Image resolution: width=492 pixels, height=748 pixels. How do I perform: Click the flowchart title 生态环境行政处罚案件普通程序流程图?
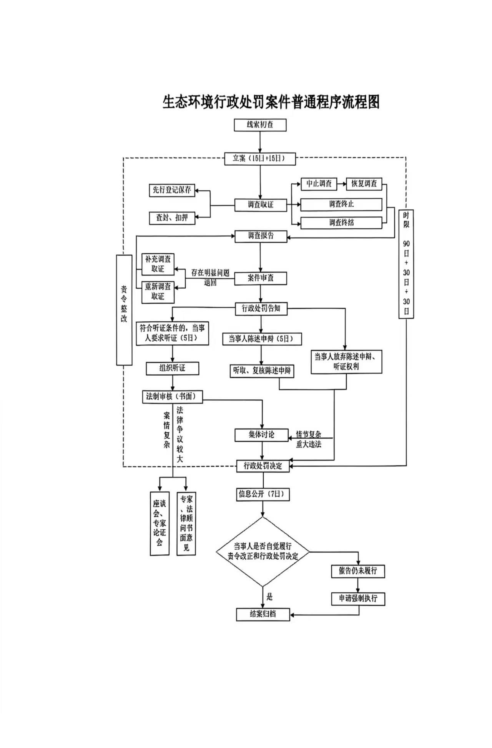271,103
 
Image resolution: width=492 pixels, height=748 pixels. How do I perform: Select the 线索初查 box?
260,125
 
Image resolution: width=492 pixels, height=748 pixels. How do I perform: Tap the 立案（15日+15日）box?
260,159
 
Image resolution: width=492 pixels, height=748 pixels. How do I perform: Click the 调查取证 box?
261,205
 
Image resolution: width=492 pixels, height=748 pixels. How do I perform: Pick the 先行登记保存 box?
172,190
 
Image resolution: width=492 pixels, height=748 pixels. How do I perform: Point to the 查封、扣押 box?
172,218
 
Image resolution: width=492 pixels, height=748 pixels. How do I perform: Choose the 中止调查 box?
319,184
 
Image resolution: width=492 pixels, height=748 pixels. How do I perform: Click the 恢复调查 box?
364,184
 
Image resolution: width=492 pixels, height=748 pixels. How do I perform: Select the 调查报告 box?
261,236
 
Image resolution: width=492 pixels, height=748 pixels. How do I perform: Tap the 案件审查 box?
261,278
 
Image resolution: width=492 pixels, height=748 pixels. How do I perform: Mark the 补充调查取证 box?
158,264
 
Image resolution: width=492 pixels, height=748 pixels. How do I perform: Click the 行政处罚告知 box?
261,309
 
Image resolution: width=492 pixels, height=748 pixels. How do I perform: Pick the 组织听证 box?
172,369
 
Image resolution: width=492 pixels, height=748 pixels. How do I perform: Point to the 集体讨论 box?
261,435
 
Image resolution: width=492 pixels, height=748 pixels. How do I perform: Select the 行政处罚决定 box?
263,466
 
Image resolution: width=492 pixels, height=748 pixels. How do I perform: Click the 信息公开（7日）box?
263,494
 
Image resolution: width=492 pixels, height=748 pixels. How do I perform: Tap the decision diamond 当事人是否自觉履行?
263,552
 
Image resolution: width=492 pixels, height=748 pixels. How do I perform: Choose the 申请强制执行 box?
358,599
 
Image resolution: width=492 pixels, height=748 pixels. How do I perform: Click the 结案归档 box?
263,614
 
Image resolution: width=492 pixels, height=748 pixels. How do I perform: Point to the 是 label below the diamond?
269,597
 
